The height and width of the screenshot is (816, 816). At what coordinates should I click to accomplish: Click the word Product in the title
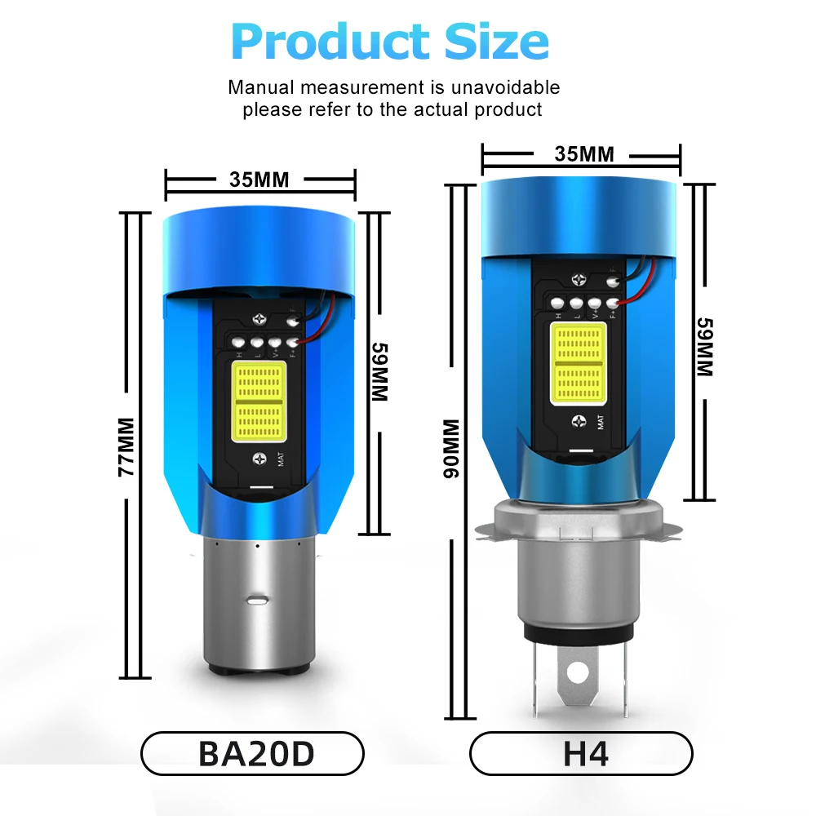pos(330,42)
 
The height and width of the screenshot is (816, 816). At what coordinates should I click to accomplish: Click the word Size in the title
pos(497,41)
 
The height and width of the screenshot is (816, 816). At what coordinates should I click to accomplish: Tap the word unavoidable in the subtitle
pos(505,87)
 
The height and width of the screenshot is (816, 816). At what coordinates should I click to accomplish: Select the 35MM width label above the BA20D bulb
pos(259,180)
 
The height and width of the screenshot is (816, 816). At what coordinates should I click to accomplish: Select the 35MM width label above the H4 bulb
pos(584,154)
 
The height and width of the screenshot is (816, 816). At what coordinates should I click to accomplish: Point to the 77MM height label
pos(126,446)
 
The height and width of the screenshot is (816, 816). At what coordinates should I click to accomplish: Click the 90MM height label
pos(451,448)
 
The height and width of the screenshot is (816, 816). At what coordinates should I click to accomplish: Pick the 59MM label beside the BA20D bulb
pos(380,371)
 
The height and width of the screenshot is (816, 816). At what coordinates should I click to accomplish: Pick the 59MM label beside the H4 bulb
pos(705,347)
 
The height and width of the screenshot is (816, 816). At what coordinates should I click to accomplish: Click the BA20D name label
pos(256,753)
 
